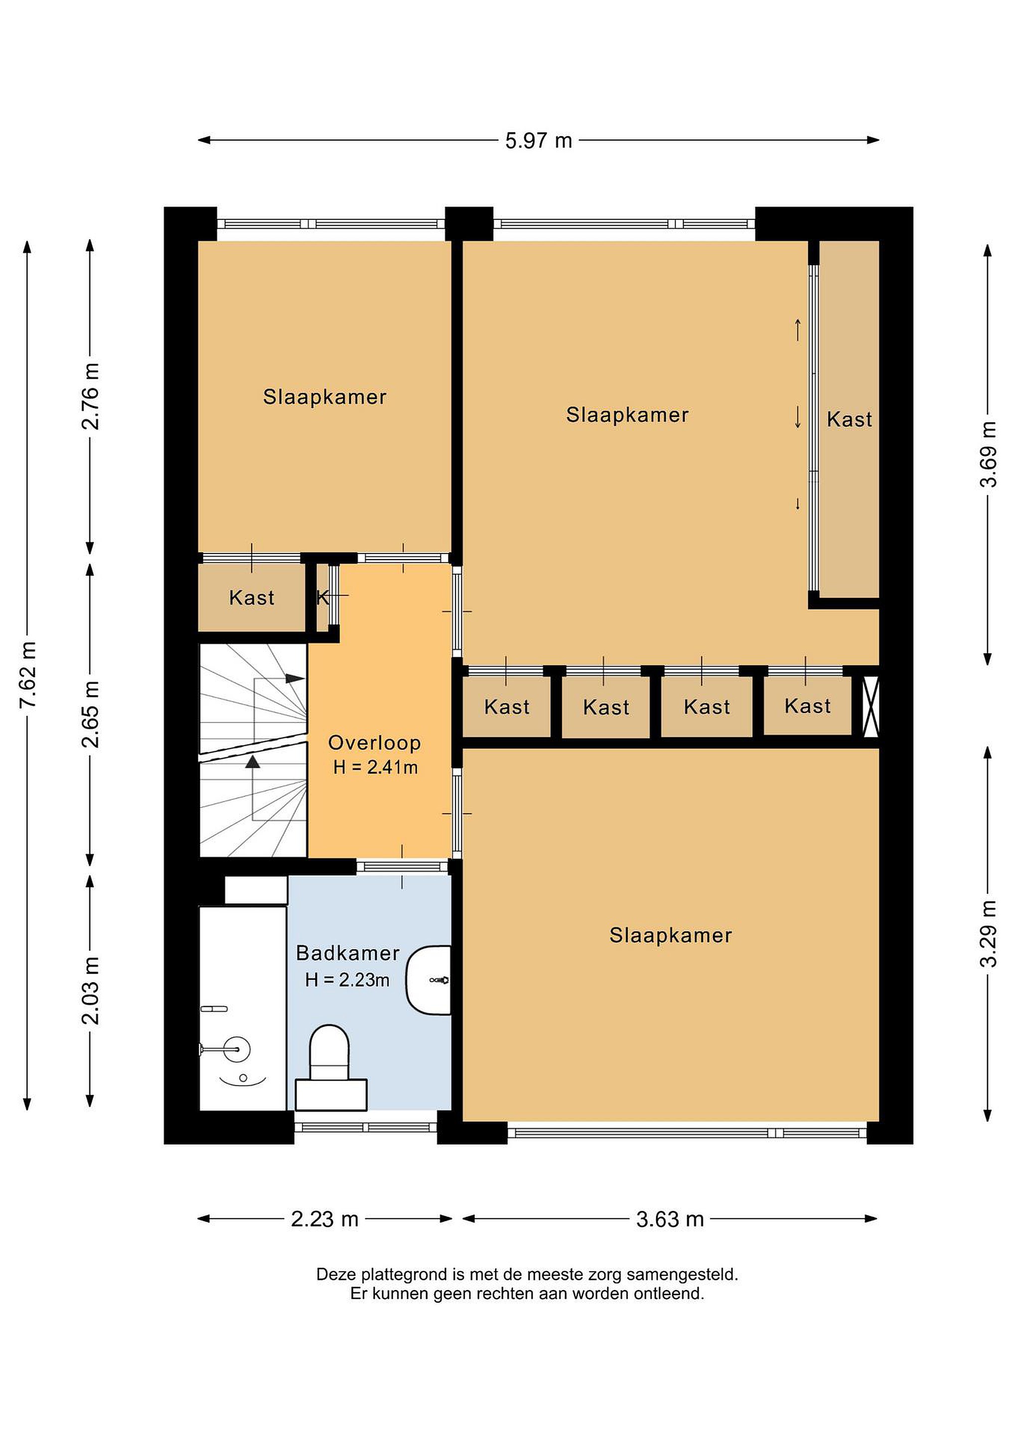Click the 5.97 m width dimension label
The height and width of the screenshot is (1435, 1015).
tap(539, 141)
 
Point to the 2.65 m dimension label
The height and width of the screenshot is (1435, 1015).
tap(91, 715)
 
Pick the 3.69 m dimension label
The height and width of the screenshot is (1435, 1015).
tap(988, 454)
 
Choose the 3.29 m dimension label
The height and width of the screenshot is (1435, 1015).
tap(988, 934)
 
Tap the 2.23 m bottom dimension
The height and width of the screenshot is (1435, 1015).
tap(324, 1219)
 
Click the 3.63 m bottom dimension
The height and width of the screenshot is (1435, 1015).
tap(670, 1219)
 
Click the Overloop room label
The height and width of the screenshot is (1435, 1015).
tap(374, 742)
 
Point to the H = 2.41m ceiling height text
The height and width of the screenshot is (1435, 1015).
tap(375, 767)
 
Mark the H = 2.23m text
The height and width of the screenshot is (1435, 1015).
tap(347, 980)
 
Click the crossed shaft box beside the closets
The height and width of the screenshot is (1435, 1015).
tap(870, 706)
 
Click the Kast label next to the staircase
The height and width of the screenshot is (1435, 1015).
tap(251, 597)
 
